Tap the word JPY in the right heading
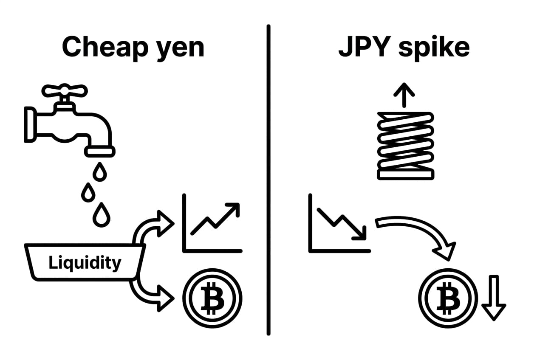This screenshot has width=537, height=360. tap(362, 47)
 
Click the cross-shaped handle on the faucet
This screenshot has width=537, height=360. tap(64, 90)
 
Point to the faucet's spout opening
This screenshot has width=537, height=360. tap(100, 151)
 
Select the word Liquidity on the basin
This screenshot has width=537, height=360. tap(85, 263)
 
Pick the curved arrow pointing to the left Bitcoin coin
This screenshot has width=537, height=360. tap(149, 293)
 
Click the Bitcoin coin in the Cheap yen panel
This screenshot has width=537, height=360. tap(212, 297)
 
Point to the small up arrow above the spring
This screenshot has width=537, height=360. tap(404, 94)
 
